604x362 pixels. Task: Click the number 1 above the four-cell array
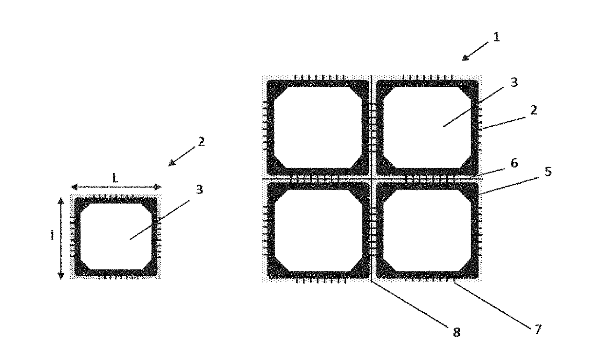coord(496,37)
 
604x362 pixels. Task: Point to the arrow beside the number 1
coord(474,51)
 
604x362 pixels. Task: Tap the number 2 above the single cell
coord(202,142)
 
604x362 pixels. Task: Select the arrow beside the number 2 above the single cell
coord(180,156)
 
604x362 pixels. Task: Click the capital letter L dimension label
coord(115,178)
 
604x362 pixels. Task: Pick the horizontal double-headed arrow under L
coord(116,187)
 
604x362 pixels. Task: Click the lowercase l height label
coord(52,235)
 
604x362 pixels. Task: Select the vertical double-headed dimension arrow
coord(61,238)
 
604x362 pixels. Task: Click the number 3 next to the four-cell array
coord(513,82)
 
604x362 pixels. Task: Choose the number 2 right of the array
coord(533,110)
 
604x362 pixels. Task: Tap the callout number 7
coord(537,330)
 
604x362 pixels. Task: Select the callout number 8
coord(456,332)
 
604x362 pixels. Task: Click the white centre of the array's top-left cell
coord(318,128)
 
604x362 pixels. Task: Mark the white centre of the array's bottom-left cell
coord(318,230)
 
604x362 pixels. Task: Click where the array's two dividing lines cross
coord(372,179)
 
